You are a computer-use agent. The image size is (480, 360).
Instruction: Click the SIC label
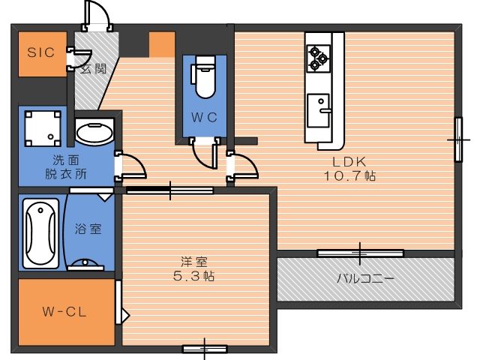40,52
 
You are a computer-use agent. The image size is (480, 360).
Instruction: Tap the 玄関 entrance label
93,69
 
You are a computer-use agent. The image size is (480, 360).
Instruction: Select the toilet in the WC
203,76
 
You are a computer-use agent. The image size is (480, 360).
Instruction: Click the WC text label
204,117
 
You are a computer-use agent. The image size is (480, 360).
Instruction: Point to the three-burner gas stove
319,58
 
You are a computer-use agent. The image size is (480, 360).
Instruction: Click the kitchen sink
319,110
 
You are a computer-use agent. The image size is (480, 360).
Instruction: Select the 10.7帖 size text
349,175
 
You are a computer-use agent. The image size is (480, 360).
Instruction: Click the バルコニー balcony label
365,278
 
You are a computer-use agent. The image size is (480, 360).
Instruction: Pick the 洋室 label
194,262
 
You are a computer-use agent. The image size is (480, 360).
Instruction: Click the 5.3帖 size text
194,276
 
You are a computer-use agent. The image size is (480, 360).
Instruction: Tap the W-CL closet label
64,312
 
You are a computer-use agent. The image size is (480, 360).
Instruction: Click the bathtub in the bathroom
41,233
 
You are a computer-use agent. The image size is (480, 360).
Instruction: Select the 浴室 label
88,229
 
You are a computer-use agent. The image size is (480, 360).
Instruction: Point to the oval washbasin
94,133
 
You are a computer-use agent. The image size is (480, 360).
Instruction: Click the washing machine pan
43,128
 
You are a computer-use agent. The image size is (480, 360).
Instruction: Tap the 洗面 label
66,160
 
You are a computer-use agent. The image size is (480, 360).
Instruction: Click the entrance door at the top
97,15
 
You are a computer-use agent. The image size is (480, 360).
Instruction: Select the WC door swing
205,153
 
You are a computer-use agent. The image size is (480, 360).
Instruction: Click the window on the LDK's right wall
458,139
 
